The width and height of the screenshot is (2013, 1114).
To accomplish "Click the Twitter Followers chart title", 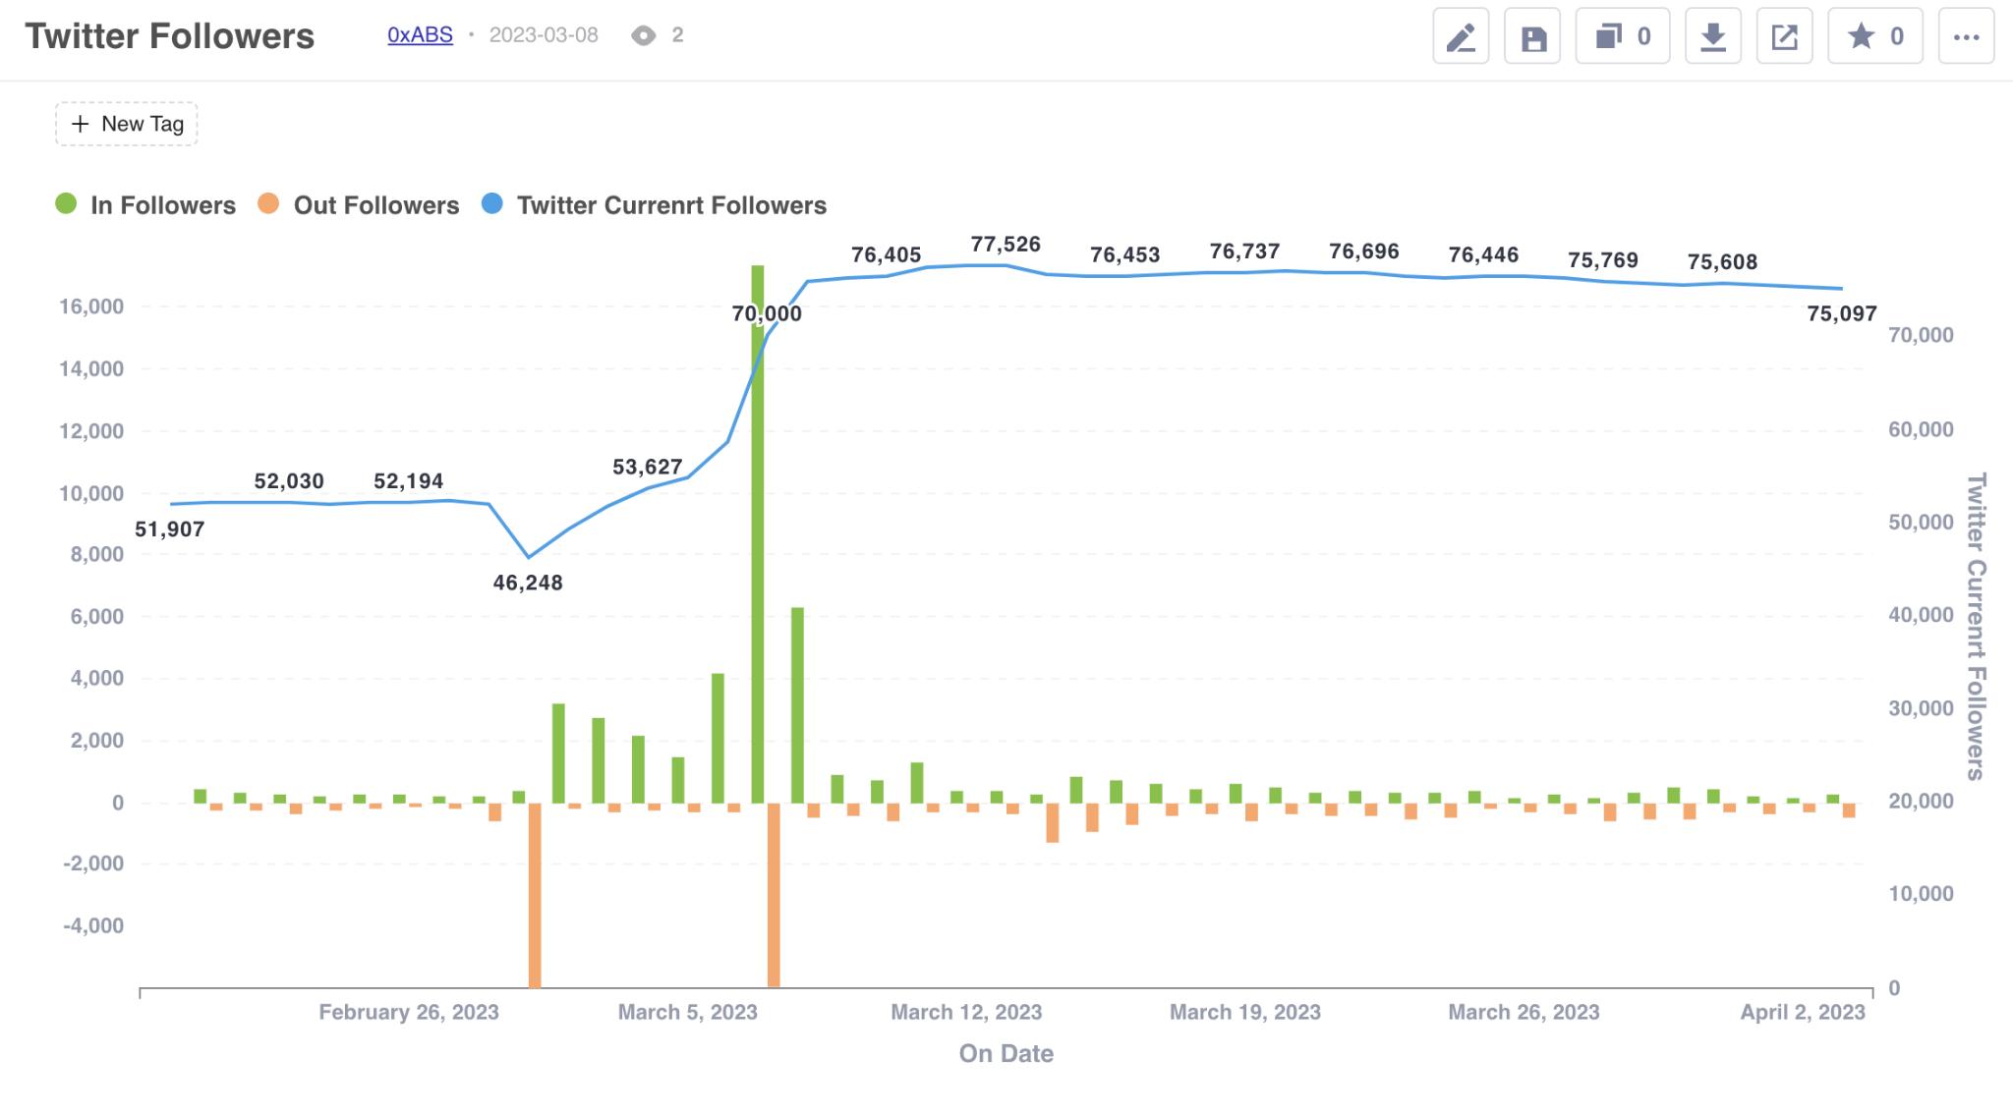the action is tap(170, 36).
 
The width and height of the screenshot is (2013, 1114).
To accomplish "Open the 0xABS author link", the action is tap(420, 35).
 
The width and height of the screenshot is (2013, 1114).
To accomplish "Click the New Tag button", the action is tap(127, 124).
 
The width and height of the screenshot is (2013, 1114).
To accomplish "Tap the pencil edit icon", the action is tap(1461, 36).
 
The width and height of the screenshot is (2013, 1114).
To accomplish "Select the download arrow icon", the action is tap(1713, 36).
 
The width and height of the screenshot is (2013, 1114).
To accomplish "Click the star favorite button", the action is tap(1875, 36).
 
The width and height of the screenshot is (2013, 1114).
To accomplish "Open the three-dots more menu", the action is tap(1966, 36).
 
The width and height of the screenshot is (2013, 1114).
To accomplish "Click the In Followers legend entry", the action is tap(145, 205).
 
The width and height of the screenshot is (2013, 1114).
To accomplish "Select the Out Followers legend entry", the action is tap(359, 205).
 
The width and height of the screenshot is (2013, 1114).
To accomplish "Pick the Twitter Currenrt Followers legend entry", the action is tap(655, 205).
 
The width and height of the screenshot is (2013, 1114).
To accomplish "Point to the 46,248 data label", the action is tap(528, 583).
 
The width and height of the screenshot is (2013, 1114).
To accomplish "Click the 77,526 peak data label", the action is tap(1006, 245).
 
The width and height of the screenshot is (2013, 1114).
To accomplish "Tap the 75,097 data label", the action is tap(1842, 314).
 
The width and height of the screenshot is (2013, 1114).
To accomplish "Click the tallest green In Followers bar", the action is tap(758, 533).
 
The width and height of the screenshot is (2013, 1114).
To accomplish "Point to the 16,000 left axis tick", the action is tap(91, 306).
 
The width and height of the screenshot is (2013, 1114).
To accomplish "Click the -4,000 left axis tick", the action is tap(93, 926).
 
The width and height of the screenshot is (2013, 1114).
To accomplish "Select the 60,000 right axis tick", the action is tap(1921, 429).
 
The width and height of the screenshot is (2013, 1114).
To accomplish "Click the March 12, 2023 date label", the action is tap(966, 1012).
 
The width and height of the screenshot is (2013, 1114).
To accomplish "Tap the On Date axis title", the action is tap(1006, 1054).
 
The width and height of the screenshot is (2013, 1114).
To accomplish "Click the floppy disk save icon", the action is tap(1532, 36).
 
